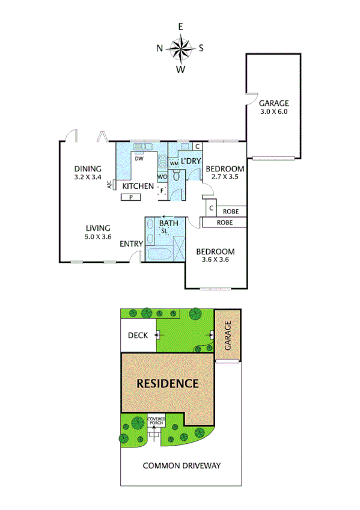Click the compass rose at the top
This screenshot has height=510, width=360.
tap(180, 48)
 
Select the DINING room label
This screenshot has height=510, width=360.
tap(88, 172)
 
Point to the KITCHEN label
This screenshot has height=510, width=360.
tap(138, 186)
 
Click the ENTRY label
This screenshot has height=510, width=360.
tap(131, 244)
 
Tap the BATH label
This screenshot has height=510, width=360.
tap(169, 224)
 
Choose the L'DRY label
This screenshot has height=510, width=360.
tap(191, 161)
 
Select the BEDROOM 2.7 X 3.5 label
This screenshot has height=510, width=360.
tap(225, 173)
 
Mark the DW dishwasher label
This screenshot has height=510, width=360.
tap(139, 159)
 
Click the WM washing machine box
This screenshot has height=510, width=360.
tap(174, 163)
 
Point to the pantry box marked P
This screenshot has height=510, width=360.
tap(131, 197)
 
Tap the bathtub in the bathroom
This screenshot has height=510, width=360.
tap(160, 253)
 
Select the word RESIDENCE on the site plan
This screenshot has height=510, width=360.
tap(167, 383)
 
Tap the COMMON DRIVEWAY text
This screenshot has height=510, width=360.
tap(182, 465)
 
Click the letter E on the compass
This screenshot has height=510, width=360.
tap(180, 26)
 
